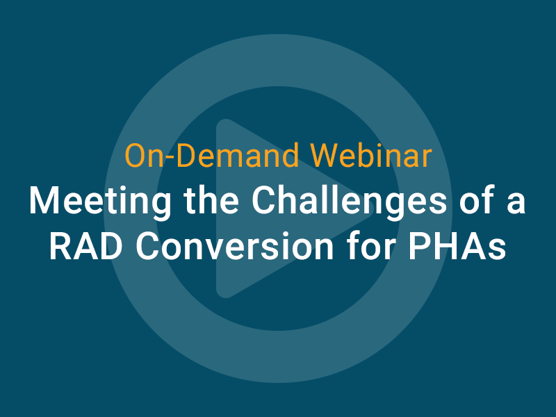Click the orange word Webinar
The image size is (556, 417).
(x=371, y=156)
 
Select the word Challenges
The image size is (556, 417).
(x=350, y=200)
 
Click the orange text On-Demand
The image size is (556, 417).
(x=212, y=156)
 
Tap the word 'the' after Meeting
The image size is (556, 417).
(x=211, y=200)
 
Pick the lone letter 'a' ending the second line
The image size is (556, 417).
(x=516, y=204)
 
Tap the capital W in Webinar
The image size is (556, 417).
(x=327, y=156)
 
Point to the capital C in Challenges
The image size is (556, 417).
(x=264, y=200)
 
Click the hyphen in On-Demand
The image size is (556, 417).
(x=170, y=158)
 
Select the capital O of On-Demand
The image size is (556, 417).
(x=136, y=156)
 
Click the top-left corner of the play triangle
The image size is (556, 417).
(x=219, y=122)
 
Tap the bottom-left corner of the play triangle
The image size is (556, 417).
(x=219, y=294)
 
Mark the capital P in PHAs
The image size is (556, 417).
(x=419, y=247)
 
